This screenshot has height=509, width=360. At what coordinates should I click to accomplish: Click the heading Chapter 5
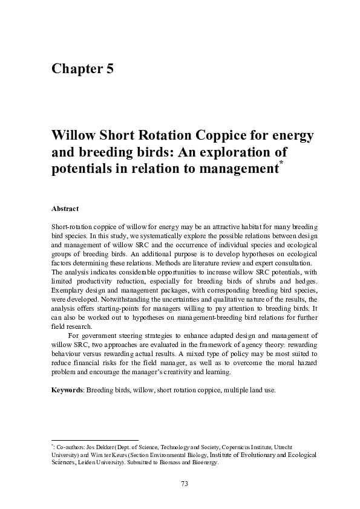pyautogui.click(x=82, y=68)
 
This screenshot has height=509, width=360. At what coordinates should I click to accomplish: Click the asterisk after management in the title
pyautogui.click(x=280, y=164)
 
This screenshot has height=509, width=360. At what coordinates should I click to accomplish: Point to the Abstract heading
pyautogui.click(x=65, y=209)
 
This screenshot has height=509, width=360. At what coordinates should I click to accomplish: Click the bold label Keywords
pyautogui.click(x=67, y=390)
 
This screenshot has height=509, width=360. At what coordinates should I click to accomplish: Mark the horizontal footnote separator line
pyautogui.click(x=95, y=440)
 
